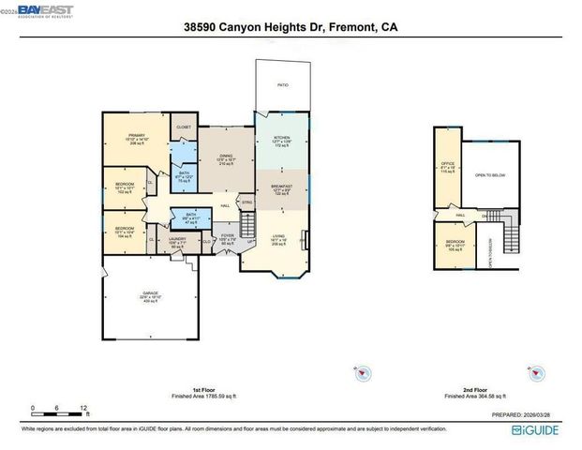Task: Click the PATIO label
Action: (x=282, y=84)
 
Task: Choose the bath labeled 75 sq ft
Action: (x=184, y=176)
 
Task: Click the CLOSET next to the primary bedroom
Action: (x=184, y=127)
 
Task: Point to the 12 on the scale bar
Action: (x=84, y=409)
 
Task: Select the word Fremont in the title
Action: (x=351, y=28)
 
